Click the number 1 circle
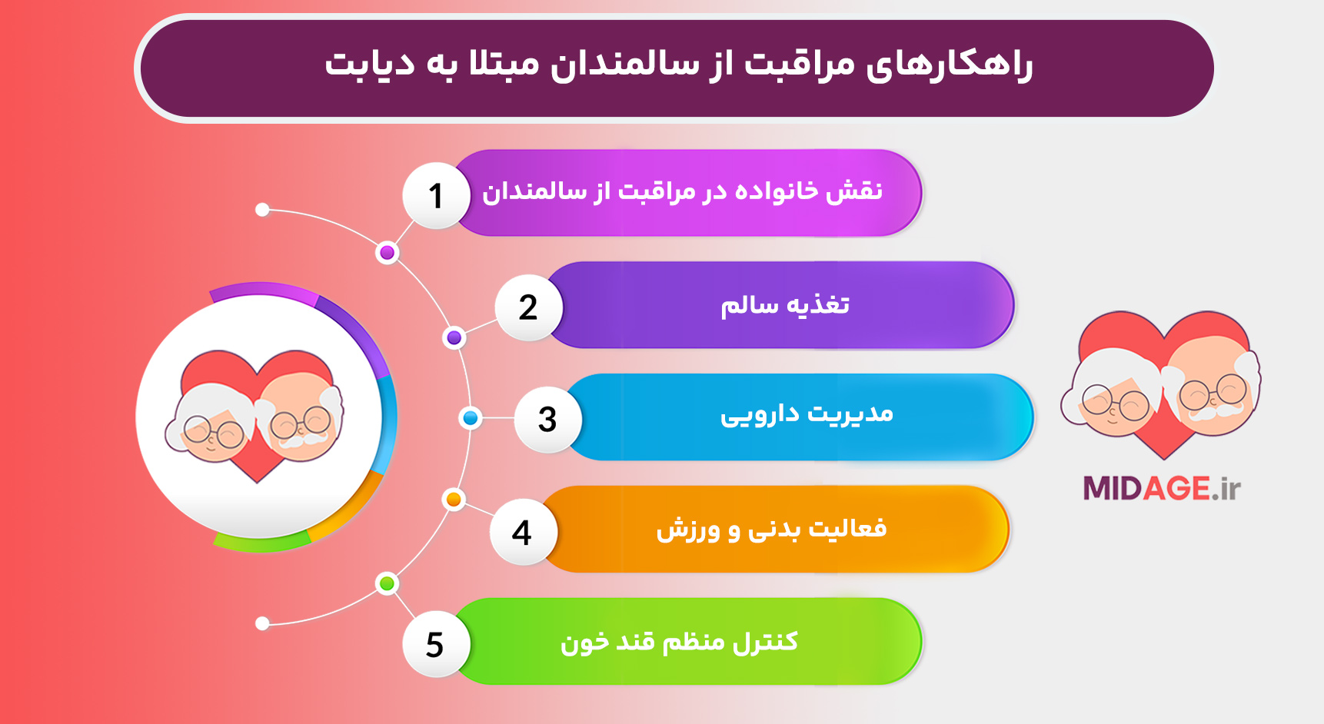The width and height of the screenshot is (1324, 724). [436, 196]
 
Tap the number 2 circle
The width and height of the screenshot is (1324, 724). [528, 308]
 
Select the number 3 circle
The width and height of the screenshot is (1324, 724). [547, 420]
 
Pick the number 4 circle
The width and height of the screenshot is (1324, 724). [522, 533]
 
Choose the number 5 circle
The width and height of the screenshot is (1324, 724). [435, 644]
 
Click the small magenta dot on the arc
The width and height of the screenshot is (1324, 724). [388, 253]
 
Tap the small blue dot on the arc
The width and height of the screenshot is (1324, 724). [471, 418]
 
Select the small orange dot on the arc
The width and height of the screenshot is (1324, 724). [454, 500]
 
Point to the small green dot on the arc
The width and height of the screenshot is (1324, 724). [388, 583]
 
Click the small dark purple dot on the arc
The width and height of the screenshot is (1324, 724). [454, 337]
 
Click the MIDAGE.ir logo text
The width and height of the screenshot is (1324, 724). [1161, 489]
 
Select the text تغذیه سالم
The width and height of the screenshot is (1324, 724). [784, 305]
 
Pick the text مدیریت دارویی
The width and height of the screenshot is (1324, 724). [806, 415]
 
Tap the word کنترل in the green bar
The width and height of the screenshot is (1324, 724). [765, 642]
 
